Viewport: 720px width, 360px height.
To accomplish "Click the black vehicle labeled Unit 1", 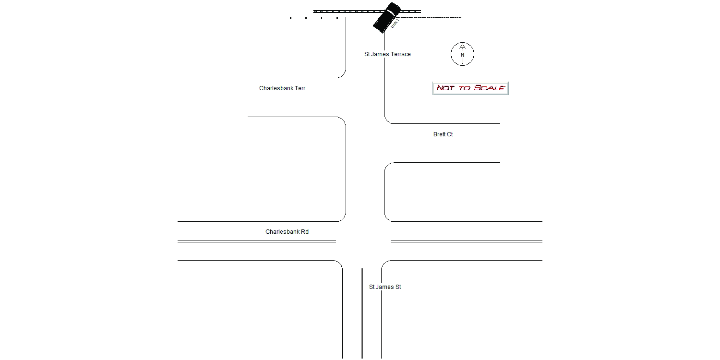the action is [387, 17].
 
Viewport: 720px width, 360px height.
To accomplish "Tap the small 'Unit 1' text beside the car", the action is [395, 24].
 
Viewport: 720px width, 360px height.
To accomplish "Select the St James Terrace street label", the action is [387, 54].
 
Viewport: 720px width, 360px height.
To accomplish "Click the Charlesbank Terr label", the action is [282, 88].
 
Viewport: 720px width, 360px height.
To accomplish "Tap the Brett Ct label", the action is [443, 134].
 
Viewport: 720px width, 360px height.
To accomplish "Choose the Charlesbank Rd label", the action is [287, 232].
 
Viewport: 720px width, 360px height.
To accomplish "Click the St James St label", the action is [385, 287].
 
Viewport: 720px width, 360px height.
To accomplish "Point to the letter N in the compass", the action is [462, 55].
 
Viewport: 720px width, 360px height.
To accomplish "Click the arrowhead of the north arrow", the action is [462, 47].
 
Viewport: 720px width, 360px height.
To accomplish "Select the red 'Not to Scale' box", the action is [470, 88].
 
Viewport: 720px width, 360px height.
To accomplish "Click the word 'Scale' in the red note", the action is [489, 88].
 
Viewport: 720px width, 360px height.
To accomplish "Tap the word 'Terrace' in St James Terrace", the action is [400, 54].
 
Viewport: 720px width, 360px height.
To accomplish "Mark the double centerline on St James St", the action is [362, 313].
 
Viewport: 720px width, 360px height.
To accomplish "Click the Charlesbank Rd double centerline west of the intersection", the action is [257, 241].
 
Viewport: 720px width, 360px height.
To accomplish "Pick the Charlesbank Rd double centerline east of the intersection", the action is [467, 241].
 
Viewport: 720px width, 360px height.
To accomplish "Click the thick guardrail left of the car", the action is [347, 12].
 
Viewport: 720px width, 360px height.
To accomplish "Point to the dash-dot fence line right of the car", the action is [431, 17].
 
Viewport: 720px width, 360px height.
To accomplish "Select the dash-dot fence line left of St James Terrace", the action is [318, 18].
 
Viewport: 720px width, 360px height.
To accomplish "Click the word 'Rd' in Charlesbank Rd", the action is [305, 232].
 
